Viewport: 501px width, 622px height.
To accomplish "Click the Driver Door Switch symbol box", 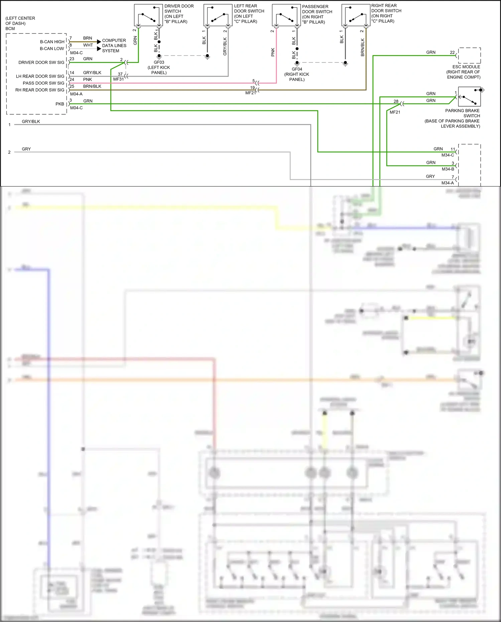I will click(x=148, y=15).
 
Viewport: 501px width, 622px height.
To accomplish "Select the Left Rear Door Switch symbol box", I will click(x=218, y=15).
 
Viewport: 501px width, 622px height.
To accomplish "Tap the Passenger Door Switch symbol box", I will click(x=286, y=15).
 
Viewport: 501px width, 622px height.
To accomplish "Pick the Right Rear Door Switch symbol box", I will click(x=356, y=15).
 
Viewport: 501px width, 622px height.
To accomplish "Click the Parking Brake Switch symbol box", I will click(x=469, y=97).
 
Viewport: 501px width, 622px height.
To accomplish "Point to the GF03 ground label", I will click(x=159, y=62).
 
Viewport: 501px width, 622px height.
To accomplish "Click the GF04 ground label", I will click(x=297, y=69).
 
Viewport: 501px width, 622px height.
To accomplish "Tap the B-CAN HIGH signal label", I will click(x=52, y=42).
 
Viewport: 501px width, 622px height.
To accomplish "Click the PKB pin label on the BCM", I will click(x=60, y=104).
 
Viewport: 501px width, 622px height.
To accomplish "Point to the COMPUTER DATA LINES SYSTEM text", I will click(x=114, y=45).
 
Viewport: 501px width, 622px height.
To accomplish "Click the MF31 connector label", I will click(x=118, y=79).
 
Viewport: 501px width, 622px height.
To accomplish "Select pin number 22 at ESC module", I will click(x=452, y=52).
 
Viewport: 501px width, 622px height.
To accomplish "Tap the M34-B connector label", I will click(x=448, y=169).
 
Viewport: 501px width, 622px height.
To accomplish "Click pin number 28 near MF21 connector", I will click(x=396, y=101).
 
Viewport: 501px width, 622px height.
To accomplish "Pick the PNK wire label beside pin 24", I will click(x=88, y=80).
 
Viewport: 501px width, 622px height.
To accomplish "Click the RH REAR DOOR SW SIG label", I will click(x=40, y=90).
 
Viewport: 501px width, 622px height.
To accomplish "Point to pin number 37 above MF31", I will click(x=120, y=74).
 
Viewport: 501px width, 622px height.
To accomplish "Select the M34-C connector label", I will click(x=448, y=155).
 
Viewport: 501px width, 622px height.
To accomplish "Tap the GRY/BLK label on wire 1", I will click(x=31, y=122).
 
